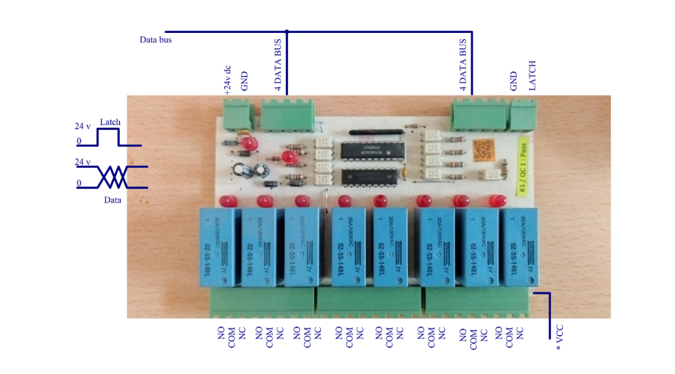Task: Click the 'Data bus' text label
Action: [156, 40]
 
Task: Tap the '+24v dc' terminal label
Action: [227, 80]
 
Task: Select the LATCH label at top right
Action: [533, 75]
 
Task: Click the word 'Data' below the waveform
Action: [112, 200]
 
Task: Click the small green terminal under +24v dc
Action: [237, 115]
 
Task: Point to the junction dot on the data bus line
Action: [287, 31]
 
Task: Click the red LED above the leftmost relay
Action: [225, 201]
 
